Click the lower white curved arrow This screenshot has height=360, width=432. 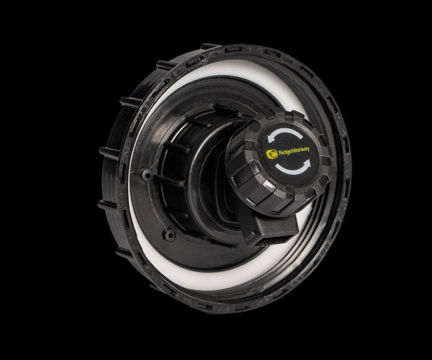pyautogui.click(x=292, y=171)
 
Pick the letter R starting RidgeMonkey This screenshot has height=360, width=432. pyautogui.click(x=281, y=153)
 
